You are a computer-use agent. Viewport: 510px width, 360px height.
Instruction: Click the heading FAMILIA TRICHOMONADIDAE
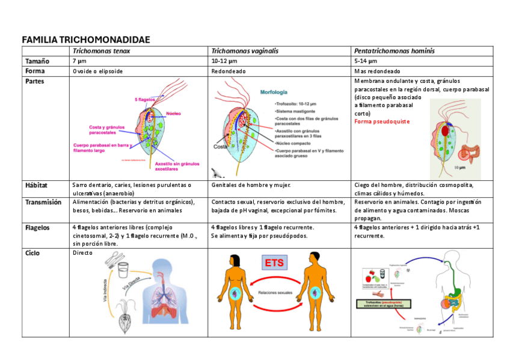(85, 40)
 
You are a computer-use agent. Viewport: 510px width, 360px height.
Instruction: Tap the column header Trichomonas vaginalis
(244, 52)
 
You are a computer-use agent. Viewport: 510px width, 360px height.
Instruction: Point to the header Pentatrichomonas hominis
(395, 52)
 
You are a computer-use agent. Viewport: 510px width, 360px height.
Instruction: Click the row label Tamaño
(37, 61)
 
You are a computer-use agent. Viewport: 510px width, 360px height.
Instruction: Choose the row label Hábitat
(36, 185)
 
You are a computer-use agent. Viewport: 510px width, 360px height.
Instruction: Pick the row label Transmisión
(43, 203)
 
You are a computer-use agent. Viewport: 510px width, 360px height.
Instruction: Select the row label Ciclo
(32, 253)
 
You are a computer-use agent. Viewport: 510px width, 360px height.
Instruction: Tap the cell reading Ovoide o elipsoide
(97, 71)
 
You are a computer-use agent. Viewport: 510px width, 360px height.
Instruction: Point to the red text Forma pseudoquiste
(382, 121)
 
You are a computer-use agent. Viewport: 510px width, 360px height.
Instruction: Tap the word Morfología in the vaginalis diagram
(274, 93)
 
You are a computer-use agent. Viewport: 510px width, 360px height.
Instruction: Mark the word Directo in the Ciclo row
(82, 253)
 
